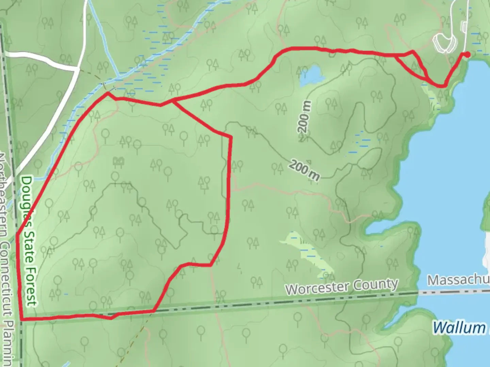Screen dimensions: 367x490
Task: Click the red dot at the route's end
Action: point(468,54)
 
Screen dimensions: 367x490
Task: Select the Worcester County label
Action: point(342,286)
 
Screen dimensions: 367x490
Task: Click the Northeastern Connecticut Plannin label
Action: point(7,258)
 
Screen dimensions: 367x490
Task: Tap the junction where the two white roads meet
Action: point(78,69)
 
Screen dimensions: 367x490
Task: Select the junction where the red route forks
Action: point(173,101)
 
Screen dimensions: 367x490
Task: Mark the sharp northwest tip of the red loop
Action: point(108,92)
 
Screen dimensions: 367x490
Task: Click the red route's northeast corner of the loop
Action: point(231,137)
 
